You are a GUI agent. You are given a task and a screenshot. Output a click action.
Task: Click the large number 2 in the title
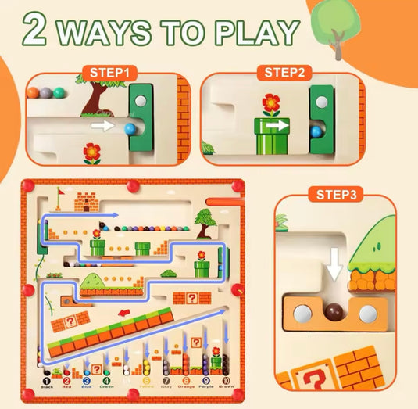click(37, 30)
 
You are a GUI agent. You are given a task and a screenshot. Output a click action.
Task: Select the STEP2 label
click(287, 74)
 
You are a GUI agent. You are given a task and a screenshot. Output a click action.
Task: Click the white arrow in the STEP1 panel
click(102, 124)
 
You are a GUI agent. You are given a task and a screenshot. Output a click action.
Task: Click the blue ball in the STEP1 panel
click(130, 126)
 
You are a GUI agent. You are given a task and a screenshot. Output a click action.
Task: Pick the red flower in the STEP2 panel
click(270, 103)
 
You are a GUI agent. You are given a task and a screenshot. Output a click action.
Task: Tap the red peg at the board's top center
click(133, 185)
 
